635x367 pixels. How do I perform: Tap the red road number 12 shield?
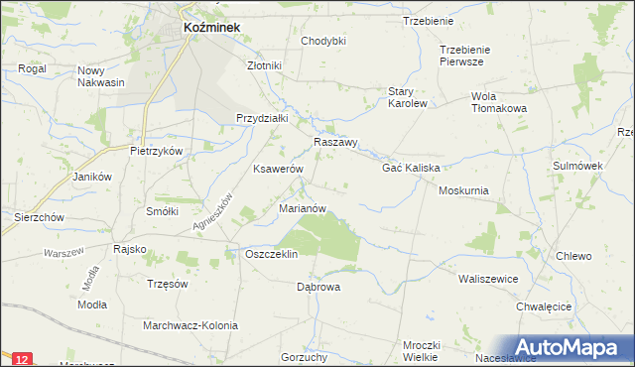coord(24,357)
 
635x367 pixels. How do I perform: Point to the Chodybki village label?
coord(323,41)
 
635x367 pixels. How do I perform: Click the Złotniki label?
coord(265,65)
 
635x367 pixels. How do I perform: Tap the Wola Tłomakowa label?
coord(485,102)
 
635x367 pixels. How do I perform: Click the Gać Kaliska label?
coord(411,168)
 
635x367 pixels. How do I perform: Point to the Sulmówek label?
coord(578,166)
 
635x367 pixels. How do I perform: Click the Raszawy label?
coord(335,142)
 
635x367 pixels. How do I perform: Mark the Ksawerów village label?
coord(278,170)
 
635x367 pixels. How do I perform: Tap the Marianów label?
coord(304,208)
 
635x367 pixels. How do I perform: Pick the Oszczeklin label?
coord(271,254)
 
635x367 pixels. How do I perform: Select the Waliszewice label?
coord(488,279)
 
